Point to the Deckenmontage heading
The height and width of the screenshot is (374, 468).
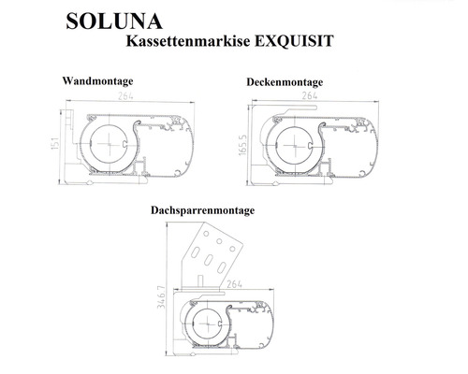click(285, 82)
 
